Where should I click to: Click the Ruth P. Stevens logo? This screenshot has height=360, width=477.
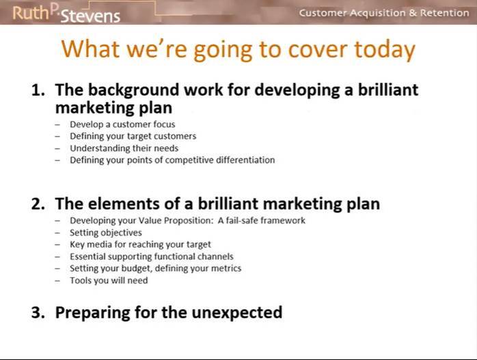pyautogui.click(x=66, y=14)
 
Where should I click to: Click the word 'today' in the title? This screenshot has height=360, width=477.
pyautogui.click(x=385, y=50)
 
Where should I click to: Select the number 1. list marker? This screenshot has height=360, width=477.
pyautogui.click(x=38, y=90)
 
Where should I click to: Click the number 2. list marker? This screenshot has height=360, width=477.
pyautogui.click(x=38, y=204)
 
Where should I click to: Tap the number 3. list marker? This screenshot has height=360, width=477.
pyautogui.click(x=38, y=313)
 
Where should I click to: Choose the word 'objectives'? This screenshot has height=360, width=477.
pyautogui.click(x=122, y=233)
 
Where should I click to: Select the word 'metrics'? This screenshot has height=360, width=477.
pyautogui.click(x=226, y=268)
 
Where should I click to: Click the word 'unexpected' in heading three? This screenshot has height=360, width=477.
pyautogui.click(x=237, y=313)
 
